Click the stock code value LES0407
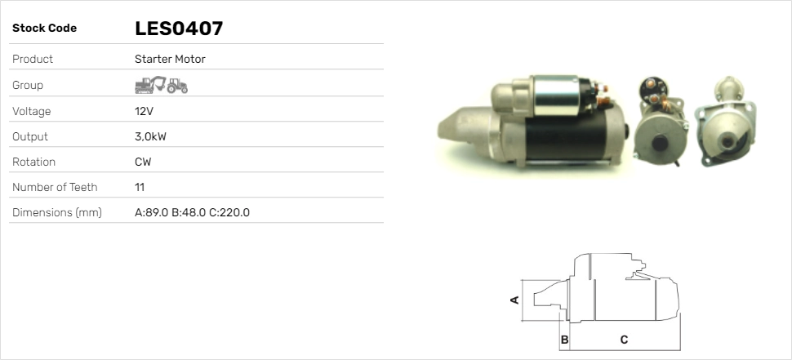click(x=179, y=29)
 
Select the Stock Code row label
click(x=44, y=29)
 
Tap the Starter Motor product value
click(x=170, y=60)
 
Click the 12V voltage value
click(x=144, y=111)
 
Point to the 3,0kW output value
click(x=150, y=136)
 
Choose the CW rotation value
click(x=143, y=162)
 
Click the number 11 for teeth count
click(x=140, y=187)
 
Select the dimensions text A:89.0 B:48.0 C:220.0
click(x=192, y=212)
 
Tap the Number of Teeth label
click(x=55, y=187)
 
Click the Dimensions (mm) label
click(x=56, y=212)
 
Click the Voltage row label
click(x=31, y=111)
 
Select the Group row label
click(x=28, y=85)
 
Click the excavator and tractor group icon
click(x=161, y=85)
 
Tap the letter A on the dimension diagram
click(x=514, y=300)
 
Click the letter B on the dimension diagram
click(x=564, y=339)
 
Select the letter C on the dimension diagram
click(x=624, y=339)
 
